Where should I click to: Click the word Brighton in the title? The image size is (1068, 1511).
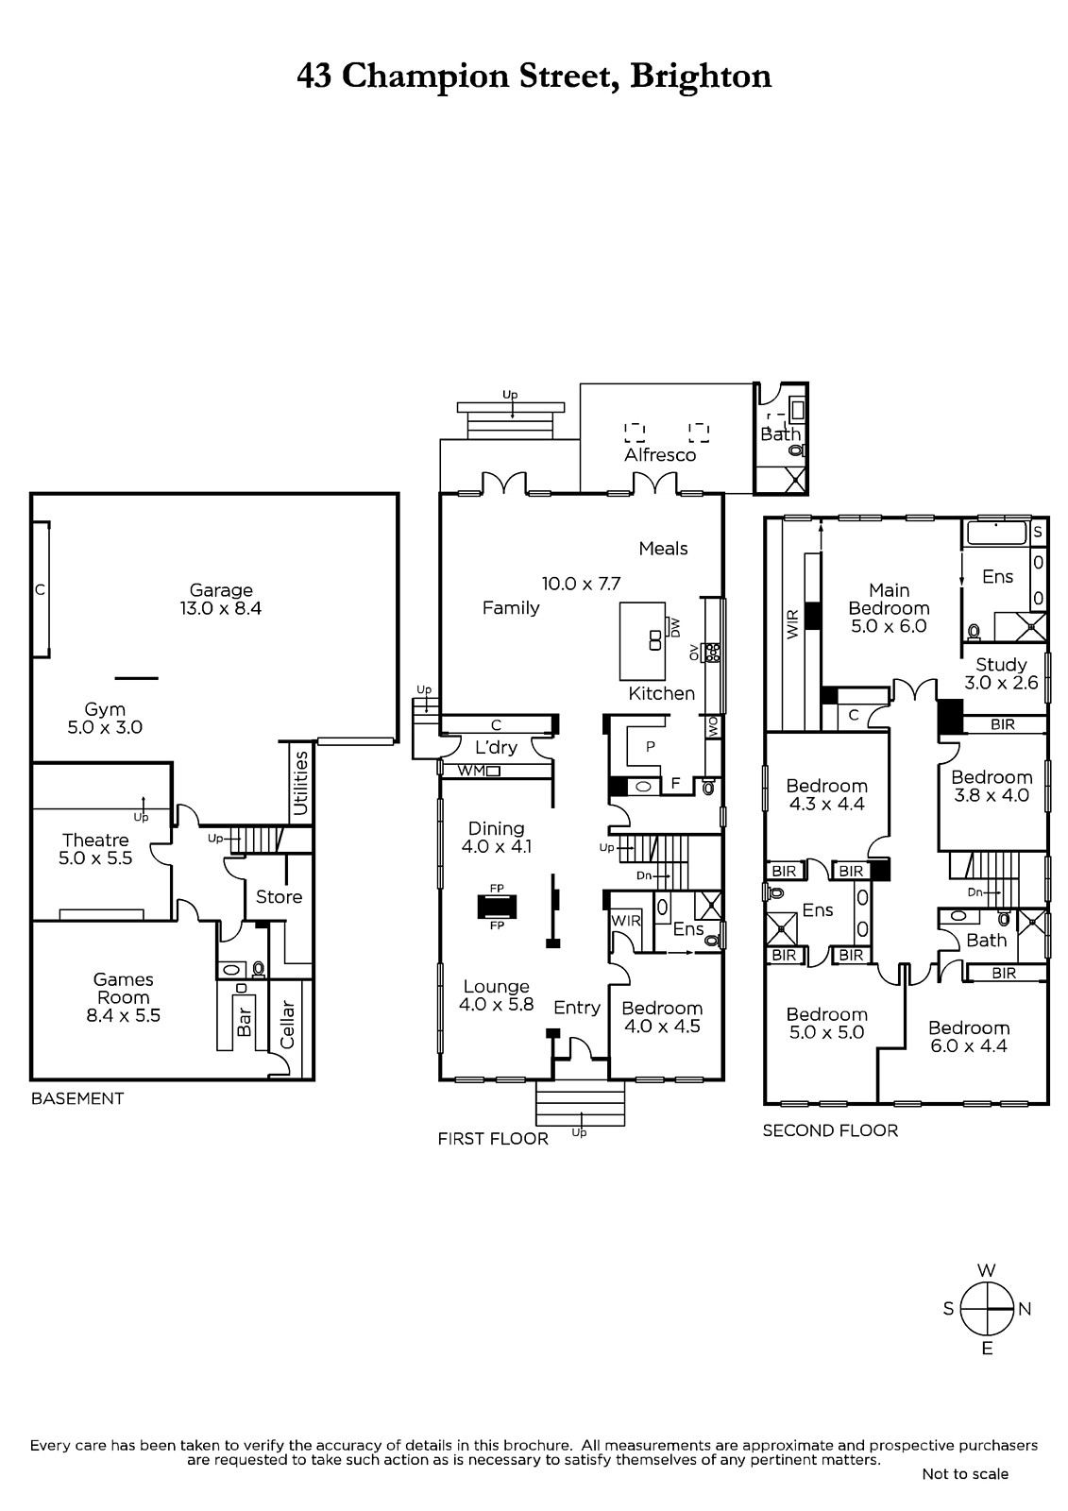[701, 76]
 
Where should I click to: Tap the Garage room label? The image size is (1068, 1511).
[221, 599]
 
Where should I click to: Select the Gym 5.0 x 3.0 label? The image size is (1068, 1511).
[105, 718]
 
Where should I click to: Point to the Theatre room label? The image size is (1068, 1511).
[95, 849]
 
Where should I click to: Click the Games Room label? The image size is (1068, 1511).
[124, 997]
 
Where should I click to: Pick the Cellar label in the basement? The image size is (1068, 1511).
[288, 1024]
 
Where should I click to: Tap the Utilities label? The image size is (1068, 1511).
[301, 783]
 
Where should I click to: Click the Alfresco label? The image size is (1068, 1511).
[660, 454]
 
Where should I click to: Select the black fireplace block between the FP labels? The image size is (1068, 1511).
[497, 906]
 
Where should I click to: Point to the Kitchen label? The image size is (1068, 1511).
[661, 693]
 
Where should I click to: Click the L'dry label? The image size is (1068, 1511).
[496, 747]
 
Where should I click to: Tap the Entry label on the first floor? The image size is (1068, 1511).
[577, 1007]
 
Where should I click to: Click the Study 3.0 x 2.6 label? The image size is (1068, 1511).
[1001, 673]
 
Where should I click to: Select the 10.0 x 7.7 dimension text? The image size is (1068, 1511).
[581, 584]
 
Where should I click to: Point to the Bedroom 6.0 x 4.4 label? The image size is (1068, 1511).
[969, 1037]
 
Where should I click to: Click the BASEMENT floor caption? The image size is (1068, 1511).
[77, 1098]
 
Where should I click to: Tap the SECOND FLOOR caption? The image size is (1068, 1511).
[830, 1130]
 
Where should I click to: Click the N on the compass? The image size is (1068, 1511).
[1025, 1309]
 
